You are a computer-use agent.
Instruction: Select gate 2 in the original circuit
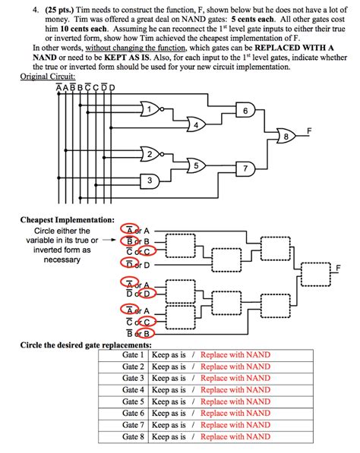point(152,155)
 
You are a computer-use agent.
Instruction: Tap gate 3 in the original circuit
point(151,180)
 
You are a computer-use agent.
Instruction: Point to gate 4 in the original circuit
point(196,124)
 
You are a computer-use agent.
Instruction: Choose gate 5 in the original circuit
point(196,165)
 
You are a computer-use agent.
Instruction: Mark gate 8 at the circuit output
point(286,137)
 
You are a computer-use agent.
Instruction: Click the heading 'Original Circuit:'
point(48,76)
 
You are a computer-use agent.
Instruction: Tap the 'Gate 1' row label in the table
point(132,355)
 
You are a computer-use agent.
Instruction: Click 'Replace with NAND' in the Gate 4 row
point(235,389)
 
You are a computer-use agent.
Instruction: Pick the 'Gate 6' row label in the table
point(132,414)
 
